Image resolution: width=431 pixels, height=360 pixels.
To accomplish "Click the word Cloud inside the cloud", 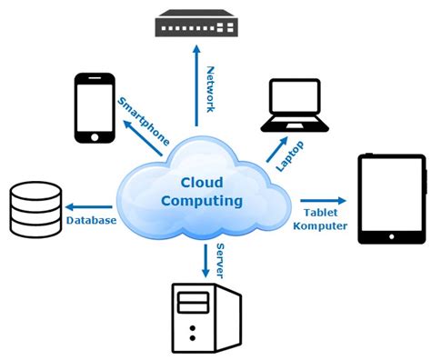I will [x=201, y=182].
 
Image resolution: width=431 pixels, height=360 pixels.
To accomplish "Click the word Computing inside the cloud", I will [x=201, y=200].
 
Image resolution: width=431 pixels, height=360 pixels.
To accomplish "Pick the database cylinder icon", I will [x=35, y=208].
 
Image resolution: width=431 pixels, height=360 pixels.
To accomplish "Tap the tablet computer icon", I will [x=391, y=199].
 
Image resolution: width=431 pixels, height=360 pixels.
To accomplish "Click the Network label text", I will [x=210, y=88].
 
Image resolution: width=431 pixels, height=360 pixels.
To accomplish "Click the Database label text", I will [x=91, y=221].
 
